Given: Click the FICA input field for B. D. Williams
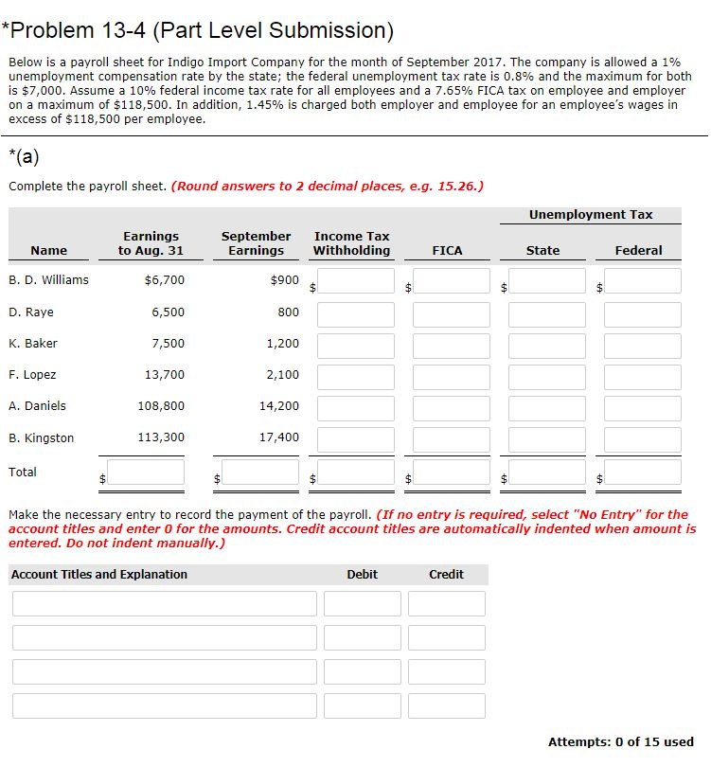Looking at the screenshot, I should click(451, 281).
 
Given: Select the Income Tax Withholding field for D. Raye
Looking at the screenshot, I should click(355, 313).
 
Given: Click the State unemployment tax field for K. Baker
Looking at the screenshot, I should click(546, 345).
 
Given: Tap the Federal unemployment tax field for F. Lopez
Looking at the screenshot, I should click(642, 376).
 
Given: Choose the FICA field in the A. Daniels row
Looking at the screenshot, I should click(451, 407).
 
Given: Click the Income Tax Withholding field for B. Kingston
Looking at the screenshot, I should click(355, 439).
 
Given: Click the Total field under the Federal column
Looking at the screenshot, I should click(642, 473).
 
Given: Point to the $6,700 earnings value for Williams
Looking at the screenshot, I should click(164, 280).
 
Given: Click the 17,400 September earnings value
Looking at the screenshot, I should click(278, 438).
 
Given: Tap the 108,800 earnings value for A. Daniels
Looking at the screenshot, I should click(164, 406).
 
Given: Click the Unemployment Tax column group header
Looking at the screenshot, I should click(591, 215).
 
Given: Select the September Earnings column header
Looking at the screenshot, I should click(256, 243).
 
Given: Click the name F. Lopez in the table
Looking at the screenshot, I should click(32, 375).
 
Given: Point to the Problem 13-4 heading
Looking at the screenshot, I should click(197, 30).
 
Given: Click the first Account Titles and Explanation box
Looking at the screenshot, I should click(164, 604).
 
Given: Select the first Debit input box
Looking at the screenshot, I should click(362, 604).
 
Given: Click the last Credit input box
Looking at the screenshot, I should click(447, 706).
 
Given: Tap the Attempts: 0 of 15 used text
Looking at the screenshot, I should click(620, 742).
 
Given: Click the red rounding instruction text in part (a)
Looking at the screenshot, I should click(328, 186).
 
